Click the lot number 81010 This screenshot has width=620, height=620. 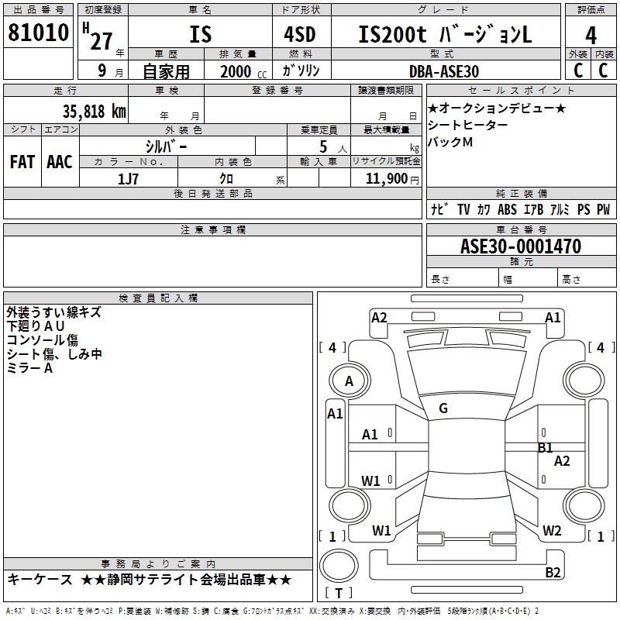(x=39, y=34)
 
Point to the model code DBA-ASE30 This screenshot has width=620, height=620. (x=444, y=71)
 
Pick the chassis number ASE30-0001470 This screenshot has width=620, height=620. (x=521, y=246)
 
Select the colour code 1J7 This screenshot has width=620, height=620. (x=129, y=178)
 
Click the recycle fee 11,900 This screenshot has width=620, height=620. (x=390, y=178)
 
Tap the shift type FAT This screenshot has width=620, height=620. (x=22, y=161)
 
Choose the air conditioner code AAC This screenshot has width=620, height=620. (x=60, y=161)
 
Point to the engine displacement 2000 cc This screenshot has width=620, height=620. (x=242, y=71)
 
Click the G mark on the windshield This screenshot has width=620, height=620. (x=443, y=408)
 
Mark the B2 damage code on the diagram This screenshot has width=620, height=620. (x=553, y=573)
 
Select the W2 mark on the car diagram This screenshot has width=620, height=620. (x=552, y=531)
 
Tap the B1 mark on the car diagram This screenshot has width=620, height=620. (x=546, y=447)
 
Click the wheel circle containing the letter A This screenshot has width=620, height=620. (x=349, y=381)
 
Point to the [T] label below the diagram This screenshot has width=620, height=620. (x=339, y=594)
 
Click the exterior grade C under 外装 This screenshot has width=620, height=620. (x=577, y=70)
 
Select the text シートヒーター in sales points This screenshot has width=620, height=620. (x=468, y=125)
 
